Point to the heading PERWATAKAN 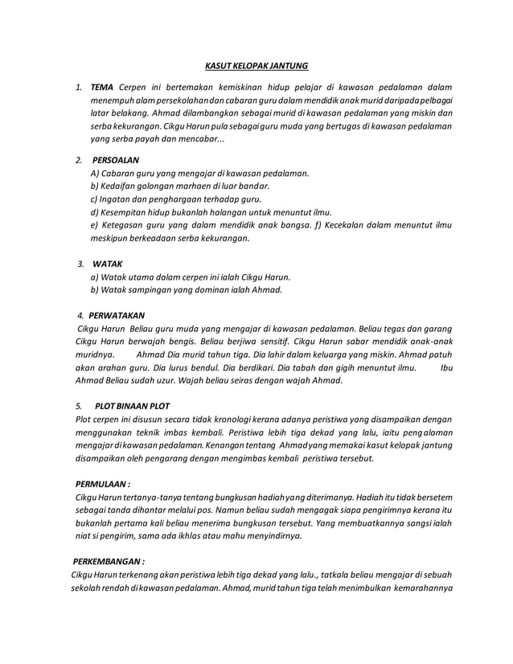pyautogui.click(x=117, y=315)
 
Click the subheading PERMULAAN pyautogui.click(x=101, y=484)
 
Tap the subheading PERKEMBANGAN pyautogui.click(x=109, y=561)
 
